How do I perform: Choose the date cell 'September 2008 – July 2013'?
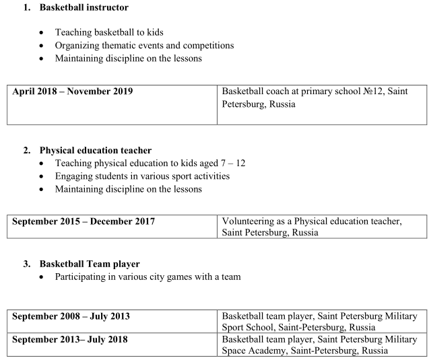click(x=71, y=316)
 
